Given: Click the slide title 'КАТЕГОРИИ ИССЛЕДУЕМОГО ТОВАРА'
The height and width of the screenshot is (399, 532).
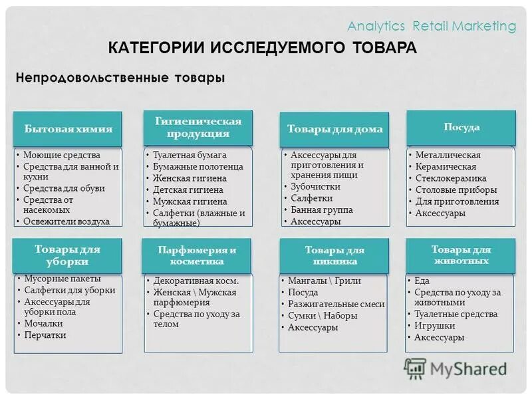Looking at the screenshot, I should click(x=263, y=48).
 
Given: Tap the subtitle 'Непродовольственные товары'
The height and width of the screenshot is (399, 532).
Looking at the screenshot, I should click(x=120, y=78).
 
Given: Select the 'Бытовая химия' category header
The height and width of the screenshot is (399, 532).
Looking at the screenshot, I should click(x=68, y=129).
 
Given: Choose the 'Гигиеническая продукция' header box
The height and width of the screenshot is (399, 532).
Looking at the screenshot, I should click(x=198, y=127).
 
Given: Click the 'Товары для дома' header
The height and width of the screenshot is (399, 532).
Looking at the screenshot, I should click(x=334, y=129).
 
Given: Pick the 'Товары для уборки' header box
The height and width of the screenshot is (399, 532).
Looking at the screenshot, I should click(x=68, y=255).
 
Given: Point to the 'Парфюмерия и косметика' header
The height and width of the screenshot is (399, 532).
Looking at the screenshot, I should click(x=196, y=255).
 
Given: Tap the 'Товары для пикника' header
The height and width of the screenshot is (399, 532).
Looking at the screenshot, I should click(x=334, y=255).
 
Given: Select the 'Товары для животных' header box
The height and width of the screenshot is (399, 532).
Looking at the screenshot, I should click(x=461, y=255).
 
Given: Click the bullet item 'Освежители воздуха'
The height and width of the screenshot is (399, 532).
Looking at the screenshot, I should click(x=66, y=221).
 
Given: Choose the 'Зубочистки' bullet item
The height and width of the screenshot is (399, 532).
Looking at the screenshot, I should click(x=316, y=187).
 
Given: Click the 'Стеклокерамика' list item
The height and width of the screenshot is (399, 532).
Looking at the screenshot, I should click(x=451, y=178).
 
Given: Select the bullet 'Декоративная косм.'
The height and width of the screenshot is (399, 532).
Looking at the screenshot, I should click(x=196, y=281).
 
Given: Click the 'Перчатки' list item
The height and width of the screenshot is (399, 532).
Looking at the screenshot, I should click(x=45, y=334).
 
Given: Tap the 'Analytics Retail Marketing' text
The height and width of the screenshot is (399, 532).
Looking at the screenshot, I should click(x=432, y=26).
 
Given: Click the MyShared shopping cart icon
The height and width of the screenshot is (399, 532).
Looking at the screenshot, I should click(x=415, y=368).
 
